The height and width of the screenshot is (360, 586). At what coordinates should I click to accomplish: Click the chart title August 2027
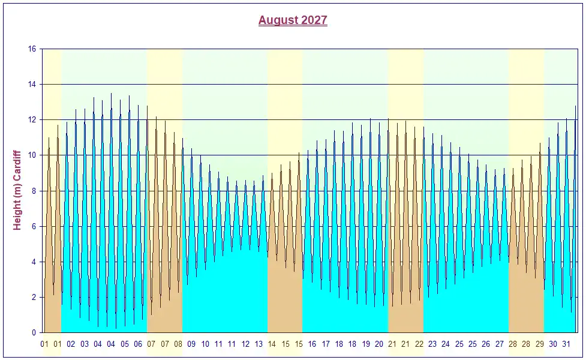293,20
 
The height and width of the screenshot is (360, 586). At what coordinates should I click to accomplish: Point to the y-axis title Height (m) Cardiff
17,191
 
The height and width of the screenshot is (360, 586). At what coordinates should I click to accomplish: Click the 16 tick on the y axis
32,49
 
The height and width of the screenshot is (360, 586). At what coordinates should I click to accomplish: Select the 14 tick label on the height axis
32,85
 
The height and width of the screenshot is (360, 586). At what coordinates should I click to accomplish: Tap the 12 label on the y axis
32,120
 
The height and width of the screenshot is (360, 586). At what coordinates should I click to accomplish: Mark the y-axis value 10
32,155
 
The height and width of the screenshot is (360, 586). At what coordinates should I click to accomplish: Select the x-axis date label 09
191,344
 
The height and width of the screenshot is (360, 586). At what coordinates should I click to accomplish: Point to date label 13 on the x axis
259,344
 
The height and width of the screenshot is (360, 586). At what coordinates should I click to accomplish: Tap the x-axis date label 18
339,344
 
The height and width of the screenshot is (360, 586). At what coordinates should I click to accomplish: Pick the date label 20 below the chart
379,344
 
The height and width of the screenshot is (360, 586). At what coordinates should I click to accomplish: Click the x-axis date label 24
446,344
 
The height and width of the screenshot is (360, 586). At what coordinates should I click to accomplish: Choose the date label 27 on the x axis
500,344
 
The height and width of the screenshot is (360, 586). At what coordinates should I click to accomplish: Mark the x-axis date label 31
566,344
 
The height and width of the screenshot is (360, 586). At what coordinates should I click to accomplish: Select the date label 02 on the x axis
71,344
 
